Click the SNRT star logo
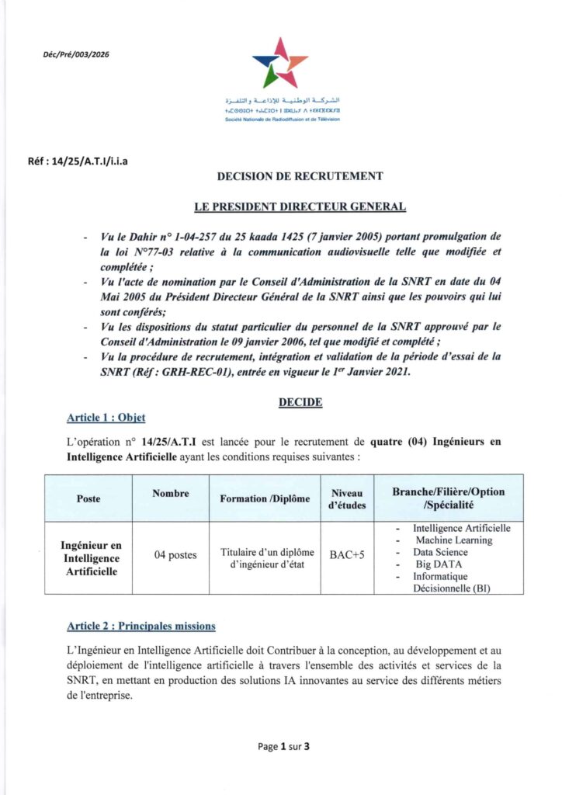279,62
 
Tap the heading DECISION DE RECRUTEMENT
300,176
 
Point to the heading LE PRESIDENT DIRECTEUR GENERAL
300,207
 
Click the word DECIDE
300,402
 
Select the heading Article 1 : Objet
106,418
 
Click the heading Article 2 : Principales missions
141,626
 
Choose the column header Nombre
171,493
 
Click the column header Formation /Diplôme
265,498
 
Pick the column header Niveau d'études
347,498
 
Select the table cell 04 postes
175,555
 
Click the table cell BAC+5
348,556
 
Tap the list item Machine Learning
453,540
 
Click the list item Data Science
445,552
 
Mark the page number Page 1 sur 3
284,747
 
